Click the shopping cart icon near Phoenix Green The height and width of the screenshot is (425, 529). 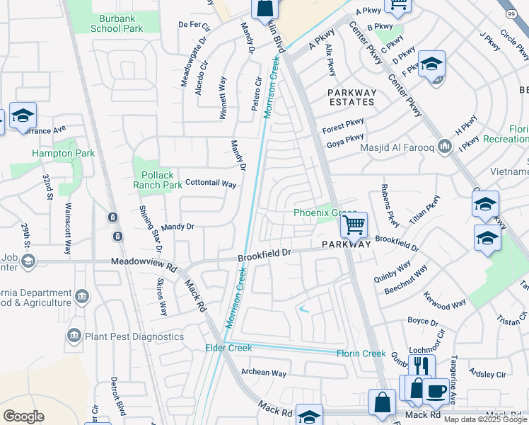354,225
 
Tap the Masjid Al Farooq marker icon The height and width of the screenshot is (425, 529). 445,147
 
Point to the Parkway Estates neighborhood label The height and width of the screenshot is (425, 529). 351,97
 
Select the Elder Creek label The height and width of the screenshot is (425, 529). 224,347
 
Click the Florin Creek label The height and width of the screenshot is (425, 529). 361,353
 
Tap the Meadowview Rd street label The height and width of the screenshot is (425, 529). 144,262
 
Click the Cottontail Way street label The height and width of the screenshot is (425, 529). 210,183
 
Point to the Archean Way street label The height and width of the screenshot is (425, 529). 264,373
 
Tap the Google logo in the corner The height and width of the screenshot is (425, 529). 23,416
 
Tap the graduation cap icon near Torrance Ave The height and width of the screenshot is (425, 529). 23,115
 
